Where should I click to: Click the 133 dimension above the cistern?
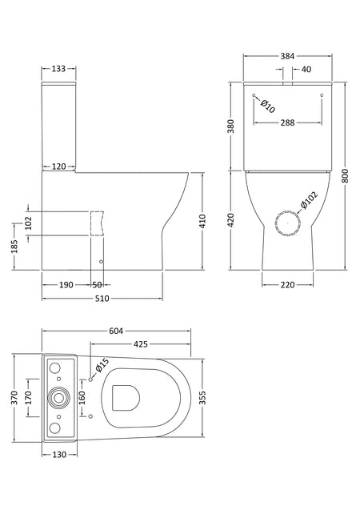[58, 69]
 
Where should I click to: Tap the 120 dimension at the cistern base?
[59, 167]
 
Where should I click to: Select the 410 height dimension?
[203, 221]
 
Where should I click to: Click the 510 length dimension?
[102, 299]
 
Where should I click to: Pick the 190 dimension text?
[66, 285]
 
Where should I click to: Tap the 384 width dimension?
[287, 56]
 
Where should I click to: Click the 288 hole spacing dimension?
[287, 122]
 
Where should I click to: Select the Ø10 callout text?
[268, 106]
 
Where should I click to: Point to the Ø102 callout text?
[309, 200]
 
